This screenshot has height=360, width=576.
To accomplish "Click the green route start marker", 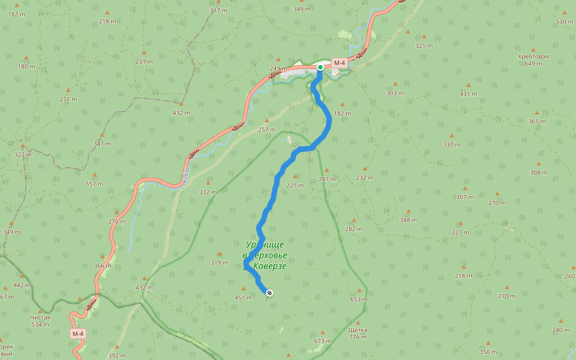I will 320,67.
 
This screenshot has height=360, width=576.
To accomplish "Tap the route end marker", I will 269,293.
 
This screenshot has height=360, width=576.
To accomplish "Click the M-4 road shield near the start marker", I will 340,63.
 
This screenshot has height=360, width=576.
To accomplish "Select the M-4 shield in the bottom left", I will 77,334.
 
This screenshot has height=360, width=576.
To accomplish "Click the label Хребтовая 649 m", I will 533,60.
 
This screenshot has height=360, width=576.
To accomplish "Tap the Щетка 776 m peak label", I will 358,333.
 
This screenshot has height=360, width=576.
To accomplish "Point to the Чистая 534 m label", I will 40,321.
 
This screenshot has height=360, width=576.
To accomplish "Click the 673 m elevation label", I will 322,341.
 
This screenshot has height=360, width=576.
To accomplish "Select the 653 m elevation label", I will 359,299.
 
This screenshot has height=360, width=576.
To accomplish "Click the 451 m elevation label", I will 243,298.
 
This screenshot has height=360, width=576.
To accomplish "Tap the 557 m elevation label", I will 94,184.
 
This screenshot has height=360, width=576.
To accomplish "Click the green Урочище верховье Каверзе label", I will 265,255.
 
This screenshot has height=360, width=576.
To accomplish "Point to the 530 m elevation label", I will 565,22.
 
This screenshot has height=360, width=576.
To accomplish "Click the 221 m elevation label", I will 295,185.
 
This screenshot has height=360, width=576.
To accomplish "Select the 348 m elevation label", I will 408,220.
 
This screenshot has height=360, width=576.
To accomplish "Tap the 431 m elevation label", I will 469,94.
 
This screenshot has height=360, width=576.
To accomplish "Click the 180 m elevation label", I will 26,66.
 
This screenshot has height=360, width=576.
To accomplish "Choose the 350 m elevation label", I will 488,352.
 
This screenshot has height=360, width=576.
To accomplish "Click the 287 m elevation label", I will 327,179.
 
